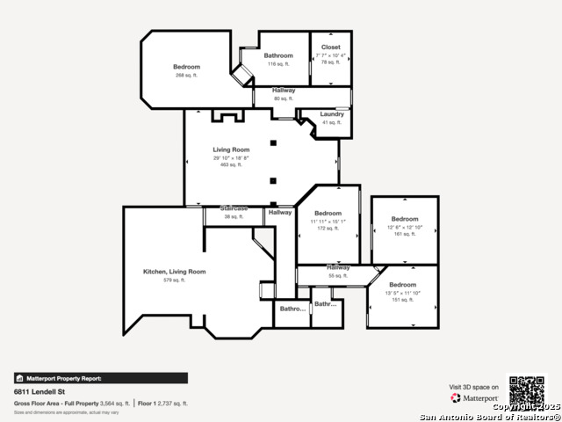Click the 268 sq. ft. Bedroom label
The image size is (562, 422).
click(x=186, y=68)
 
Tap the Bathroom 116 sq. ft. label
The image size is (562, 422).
click(x=278, y=56)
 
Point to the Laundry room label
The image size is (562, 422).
click(x=331, y=114)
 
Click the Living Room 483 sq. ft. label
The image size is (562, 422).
click(x=231, y=150)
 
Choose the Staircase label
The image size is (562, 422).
click(x=234, y=208)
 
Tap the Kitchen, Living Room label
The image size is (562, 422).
click(x=174, y=272)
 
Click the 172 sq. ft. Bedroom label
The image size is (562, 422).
click(x=328, y=214)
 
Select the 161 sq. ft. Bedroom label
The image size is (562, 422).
click(x=405, y=219)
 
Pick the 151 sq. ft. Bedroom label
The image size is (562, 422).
click(x=402, y=285)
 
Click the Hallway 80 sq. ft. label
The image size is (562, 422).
click(x=283, y=91)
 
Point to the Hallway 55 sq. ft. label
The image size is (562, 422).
click(x=338, y=268)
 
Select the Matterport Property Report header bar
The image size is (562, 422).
click(x=100, y=378)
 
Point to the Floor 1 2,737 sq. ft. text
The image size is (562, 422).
click(x=163, y=403)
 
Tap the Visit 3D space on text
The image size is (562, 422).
click(x=474, y=387)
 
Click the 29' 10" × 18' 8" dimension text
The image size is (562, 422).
click(x=231, y=157)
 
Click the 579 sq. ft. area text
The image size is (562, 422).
click(x=174, y=280)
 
